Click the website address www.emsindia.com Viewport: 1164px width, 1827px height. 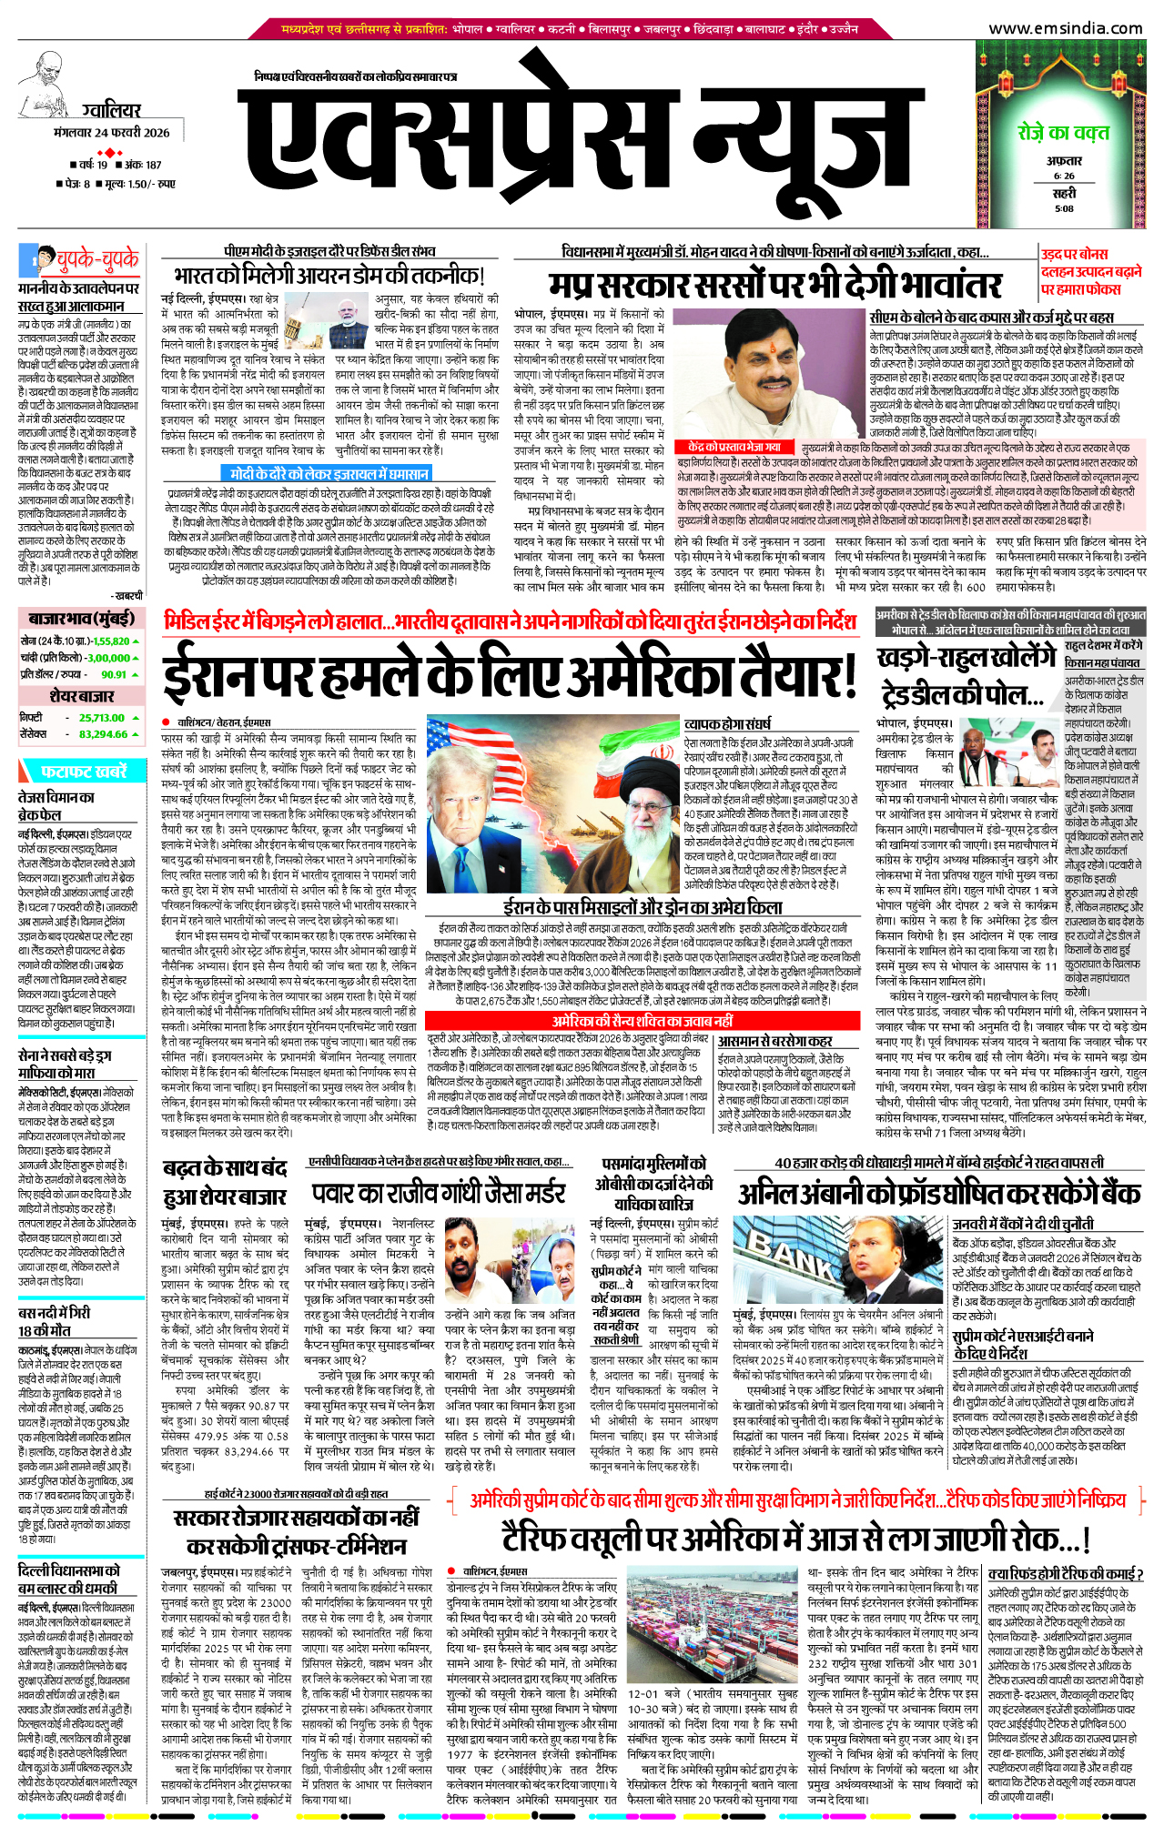[1065, 28]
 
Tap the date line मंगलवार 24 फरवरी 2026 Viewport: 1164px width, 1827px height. [112, 133]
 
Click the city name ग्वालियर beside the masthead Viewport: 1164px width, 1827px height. [111, 111]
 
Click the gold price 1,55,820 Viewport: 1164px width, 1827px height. [110, 641]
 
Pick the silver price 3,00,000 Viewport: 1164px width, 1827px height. [108, 658]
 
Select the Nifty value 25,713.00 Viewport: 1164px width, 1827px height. [102, 718]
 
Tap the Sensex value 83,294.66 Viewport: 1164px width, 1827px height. [103, 734]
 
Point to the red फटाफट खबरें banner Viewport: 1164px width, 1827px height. [83, 772]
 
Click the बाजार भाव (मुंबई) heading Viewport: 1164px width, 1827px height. [81, 619]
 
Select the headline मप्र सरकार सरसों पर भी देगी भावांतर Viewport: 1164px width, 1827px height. [774, 286]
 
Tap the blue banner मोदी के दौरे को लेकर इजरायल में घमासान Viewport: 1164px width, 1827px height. [327, 474]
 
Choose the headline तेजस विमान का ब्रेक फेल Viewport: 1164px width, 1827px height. [56, 805]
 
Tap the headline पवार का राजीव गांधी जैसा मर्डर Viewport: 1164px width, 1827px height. [439, 1194]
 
